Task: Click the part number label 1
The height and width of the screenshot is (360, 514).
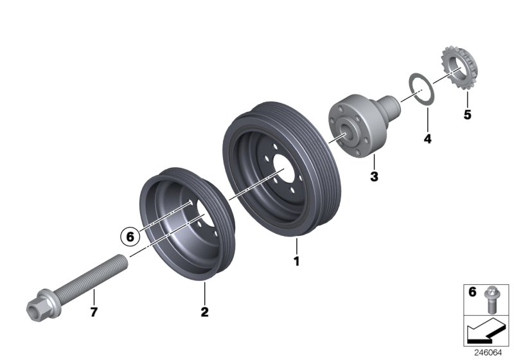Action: [296, 262]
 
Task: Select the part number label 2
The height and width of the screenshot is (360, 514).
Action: [204, 312]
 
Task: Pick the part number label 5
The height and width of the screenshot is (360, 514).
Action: [467, 116]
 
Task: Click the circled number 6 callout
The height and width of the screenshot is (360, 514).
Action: [130, 237]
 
